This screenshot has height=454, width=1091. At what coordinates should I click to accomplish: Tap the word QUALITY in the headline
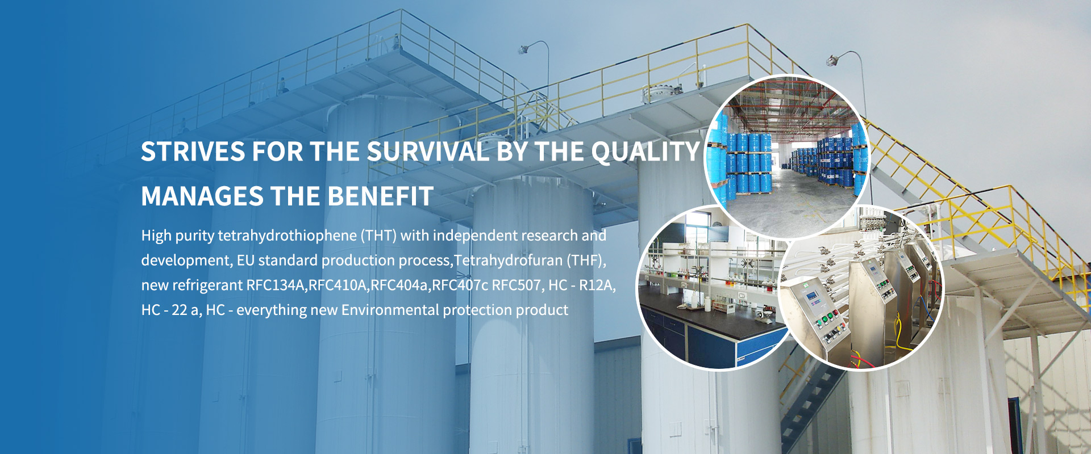click(646, 152)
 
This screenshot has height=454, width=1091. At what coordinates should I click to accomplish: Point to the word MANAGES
click(202, 196)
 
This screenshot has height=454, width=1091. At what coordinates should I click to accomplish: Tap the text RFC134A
click(276, 285)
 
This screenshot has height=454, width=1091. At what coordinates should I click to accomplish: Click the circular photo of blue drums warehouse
click(787, 157)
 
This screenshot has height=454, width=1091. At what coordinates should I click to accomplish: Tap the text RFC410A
click(338, 285)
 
